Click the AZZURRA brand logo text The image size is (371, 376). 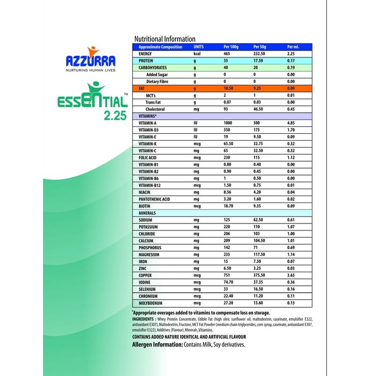(89, 60)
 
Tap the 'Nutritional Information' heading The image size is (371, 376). (165, 39)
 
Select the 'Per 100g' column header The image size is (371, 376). (231, 47)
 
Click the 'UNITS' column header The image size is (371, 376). (199, 47)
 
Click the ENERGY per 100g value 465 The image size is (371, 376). (227, 54)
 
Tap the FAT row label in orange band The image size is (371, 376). (142, 88)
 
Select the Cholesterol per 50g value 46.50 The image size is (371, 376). (261, 109)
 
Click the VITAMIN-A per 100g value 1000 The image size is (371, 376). (229, 123)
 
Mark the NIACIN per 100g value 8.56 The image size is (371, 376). (228, 192)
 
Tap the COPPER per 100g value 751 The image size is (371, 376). (227, 276)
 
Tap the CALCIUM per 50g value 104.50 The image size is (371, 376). (262, 241)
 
